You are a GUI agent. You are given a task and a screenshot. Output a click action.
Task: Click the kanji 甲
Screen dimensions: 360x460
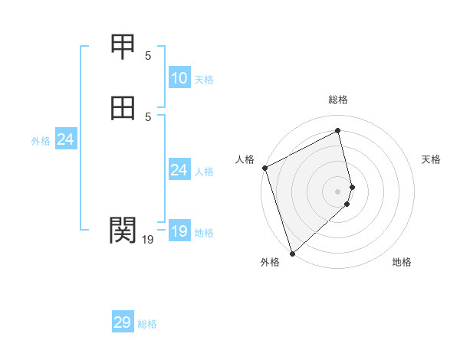pyautogui.click(x=123, y=47)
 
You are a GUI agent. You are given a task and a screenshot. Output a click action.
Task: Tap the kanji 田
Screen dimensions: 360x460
pyautogui.click(x=123, y=109)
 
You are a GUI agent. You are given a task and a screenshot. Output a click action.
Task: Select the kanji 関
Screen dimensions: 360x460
pyautogui.click(x=123, y=229)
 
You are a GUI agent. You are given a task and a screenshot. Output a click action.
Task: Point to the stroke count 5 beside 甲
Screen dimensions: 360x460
pyautogui.click(x=148, y=55)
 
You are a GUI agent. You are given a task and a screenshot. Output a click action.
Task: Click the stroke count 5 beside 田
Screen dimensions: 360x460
pyautogui.click(x=148, y=116)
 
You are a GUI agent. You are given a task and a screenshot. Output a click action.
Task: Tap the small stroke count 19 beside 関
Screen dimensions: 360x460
pyautogui.click(x=148, y=240)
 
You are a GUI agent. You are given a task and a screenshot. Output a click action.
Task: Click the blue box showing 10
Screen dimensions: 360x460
pyautogui.click(x=179, y=78)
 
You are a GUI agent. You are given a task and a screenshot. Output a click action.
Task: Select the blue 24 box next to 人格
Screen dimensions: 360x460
pyautogui.click(x=179, y=170)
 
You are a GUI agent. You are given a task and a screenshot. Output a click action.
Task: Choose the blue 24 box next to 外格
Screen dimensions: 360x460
pyautogui.click(x=66, y=139)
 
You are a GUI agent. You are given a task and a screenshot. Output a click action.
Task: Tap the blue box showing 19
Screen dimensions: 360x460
pyautogui.click(x=179, y=231)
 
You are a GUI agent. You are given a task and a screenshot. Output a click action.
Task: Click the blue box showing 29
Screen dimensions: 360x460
pyautogui.click(x=123, y=322)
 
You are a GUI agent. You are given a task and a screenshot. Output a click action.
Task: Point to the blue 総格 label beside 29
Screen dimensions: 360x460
pyautogui.click(x=147, y=324)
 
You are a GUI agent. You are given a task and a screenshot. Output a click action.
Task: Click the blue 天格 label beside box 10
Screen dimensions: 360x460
pyautogui.click(x=204, y=80)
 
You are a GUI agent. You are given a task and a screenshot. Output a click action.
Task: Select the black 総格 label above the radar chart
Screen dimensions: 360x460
pyautogui.click(x=338, y=100)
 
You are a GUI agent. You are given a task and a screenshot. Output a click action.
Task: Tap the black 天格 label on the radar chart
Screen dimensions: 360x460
pyautogui.click(x=432, y=159)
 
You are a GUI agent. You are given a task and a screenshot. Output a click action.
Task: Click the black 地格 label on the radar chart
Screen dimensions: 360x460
pyautogui.click(x=402, y=262)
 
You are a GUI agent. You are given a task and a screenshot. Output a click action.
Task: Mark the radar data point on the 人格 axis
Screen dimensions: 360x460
pyautogui.click(x=264, y=168)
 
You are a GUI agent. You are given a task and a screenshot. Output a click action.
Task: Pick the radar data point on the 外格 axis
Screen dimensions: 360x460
pyautogui.click(x=291, y=253)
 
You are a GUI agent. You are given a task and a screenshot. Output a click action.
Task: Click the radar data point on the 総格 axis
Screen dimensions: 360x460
pyautogui.click(x=338, y=131)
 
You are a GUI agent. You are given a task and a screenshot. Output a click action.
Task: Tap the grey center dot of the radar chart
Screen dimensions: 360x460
pyautogui.click(x=338, y=191)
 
